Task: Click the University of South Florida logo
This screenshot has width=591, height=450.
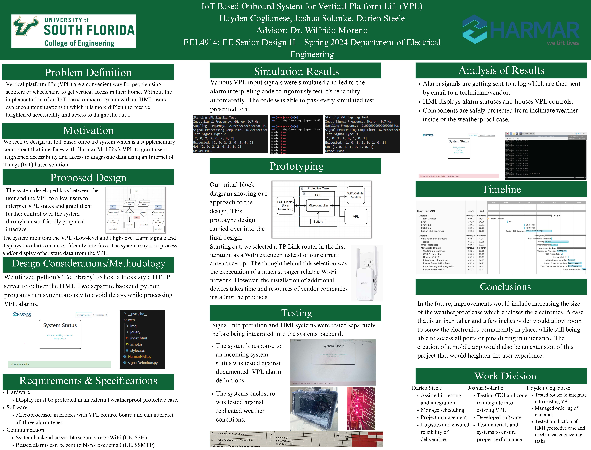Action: click(x=73, y=31)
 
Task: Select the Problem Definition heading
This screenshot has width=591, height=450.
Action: click(x=88, y=72)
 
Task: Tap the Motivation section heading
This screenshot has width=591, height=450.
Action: click(x=88, y=130)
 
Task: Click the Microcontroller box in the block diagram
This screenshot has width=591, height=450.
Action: click(x=318, y=205)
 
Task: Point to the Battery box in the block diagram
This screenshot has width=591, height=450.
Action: click(x=318, y=221)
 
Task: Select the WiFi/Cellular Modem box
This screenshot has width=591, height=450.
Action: click(x=356, y=195)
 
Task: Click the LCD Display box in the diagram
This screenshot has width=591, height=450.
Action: click(x=285, y=205)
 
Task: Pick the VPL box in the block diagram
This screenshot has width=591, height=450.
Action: click(x=356, y=216)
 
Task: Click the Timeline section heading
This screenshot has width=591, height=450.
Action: click(x=501, y=189)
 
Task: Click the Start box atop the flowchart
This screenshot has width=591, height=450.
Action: click(x=137, y=191)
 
